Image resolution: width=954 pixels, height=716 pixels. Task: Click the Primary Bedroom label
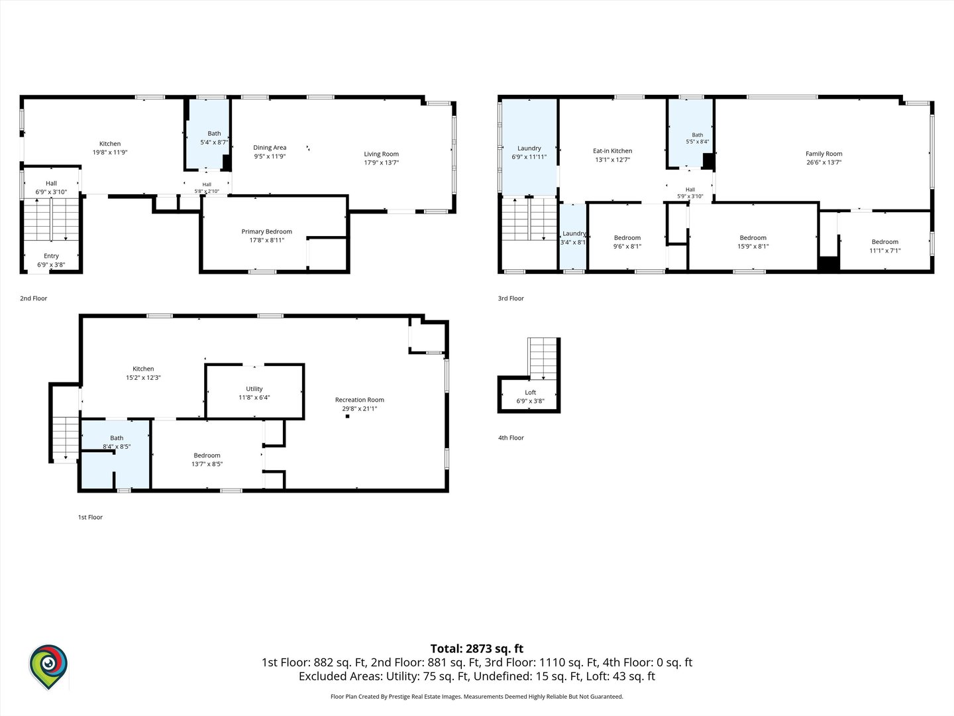coord(266,232)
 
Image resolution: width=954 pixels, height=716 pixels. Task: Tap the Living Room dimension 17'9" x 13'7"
coord(381,162)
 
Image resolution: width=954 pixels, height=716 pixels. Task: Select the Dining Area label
coord(270,148)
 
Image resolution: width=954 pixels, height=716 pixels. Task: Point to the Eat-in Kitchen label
coord(612,151)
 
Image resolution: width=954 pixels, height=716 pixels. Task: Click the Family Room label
coord(823,154)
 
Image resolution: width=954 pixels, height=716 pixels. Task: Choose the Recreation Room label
coord(360,400)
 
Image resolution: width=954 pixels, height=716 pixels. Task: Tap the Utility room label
coord(254,389)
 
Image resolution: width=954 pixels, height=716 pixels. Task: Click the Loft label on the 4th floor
coord(530,392)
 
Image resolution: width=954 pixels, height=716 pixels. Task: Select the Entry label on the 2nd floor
coord(51,256)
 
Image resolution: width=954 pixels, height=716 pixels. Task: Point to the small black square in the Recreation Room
coord(347,416)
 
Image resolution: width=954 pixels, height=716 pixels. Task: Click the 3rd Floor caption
coord(511,298)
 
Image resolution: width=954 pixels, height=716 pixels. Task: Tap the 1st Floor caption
coord(90,517)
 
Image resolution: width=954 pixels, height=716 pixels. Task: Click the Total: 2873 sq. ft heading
coord(477,648)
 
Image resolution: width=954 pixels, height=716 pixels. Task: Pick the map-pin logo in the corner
coord(48,666)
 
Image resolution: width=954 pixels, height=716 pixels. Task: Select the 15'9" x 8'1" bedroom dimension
coord(753,247)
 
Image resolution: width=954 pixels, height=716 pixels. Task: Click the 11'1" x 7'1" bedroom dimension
coord(885,251)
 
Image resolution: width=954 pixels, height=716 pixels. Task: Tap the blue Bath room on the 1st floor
coord(115,454)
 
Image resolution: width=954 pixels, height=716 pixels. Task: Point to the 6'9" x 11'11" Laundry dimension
coord(529,157)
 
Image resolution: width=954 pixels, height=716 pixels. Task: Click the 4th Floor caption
coord(511,438)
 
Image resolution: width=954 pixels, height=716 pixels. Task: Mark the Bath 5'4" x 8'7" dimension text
coord(214,142)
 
